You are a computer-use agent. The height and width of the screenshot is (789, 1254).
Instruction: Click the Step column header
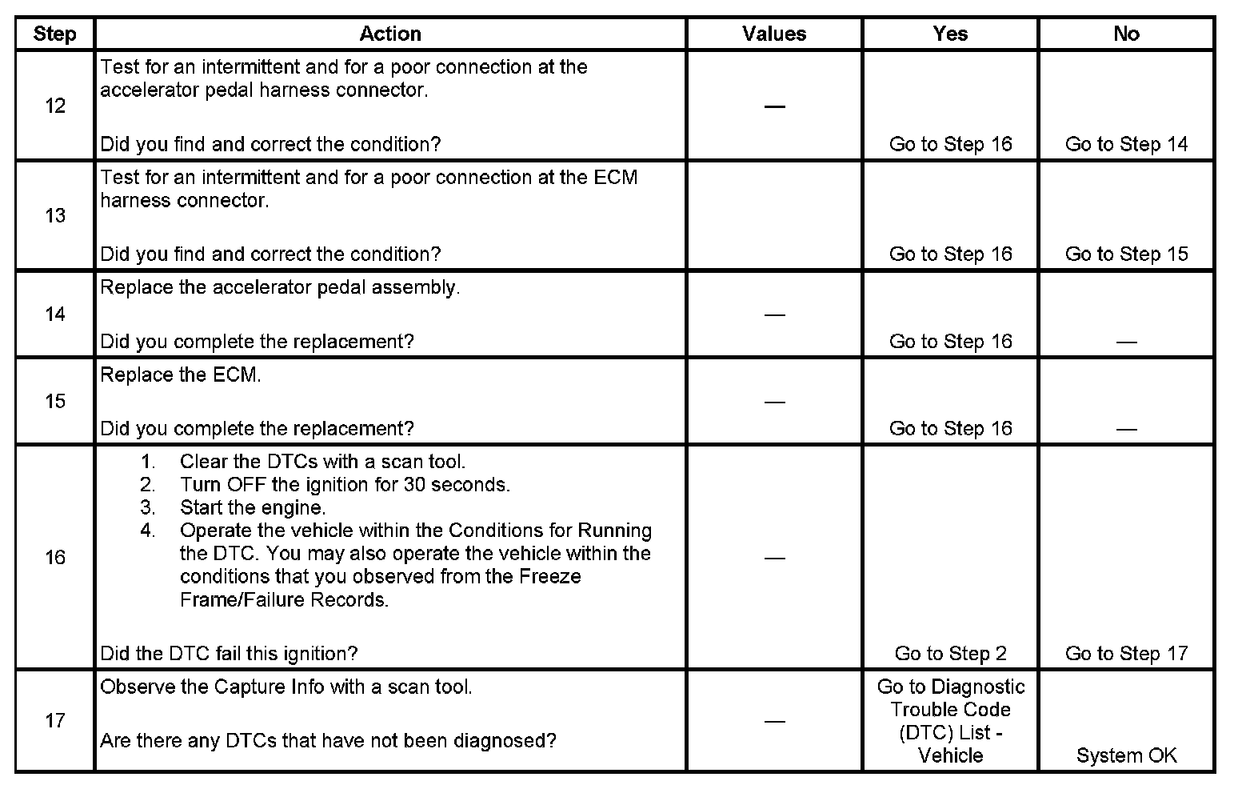pos(54,34)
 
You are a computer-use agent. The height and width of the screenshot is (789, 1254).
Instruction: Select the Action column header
pos(389,34)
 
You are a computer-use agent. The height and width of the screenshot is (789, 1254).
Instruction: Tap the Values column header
pos(773,34)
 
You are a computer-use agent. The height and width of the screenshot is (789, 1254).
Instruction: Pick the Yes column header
pos(950,34)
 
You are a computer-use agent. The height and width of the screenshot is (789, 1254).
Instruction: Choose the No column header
pos(1126,34)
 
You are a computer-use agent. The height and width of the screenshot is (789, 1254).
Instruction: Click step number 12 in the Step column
pos(54,106)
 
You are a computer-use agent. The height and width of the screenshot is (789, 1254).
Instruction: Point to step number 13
pos(54,215)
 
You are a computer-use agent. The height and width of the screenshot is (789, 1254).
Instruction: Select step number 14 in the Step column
pos(54,314)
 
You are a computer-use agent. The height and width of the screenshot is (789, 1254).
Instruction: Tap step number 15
pos(54,401)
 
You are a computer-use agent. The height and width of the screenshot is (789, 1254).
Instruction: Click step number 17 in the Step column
pos(54,720)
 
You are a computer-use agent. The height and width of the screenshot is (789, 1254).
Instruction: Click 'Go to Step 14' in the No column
pos(1126,144)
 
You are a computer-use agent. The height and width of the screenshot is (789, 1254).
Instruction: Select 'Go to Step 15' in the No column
pos(1126,254)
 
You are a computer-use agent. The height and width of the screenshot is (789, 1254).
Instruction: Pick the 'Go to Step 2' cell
pos(950,653)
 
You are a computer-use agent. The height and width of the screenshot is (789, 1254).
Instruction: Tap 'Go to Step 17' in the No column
pos(1126,653)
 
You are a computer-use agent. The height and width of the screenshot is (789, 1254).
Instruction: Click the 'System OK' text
pos(1126,755)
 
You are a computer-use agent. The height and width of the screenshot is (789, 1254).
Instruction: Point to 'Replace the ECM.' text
pos(181,374)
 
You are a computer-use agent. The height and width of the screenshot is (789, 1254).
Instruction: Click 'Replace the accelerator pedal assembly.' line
pos(280,287)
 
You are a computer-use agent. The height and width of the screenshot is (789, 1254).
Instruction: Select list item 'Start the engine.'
pos(253,507)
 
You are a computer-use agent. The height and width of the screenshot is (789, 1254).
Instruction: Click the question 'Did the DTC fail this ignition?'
pos(229,653)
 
